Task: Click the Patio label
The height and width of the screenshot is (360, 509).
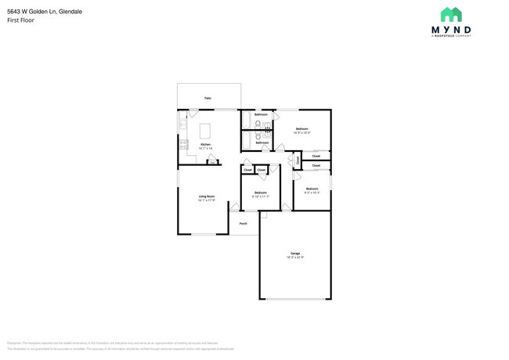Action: (x=208, y=98)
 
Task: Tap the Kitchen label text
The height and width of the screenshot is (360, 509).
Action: (x=205, y=145)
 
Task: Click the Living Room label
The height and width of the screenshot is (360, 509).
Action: (x=207, y=196)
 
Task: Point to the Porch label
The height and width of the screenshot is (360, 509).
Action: (x=243, y=223)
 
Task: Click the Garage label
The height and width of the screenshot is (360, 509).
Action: (x=295, y=253)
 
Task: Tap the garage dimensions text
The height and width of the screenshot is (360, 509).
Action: (x=295, y=257)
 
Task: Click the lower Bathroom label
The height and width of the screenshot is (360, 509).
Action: (x=262, y=142)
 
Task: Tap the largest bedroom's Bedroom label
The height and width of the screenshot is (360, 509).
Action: (x=301, y=128)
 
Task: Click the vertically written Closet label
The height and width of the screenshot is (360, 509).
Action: (x=298, y=160)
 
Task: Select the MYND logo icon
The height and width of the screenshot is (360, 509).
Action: (x=450, y=15)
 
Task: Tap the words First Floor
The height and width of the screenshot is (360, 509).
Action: (x=20, y=20)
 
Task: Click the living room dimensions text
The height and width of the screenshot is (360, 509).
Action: (x=207, y=201)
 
